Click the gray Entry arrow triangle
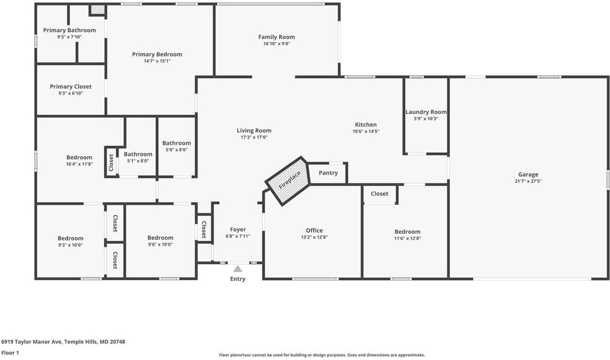[x=238, y=269]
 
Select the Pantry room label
[x=328, y=173]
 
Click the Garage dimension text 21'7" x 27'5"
[x=528, y=181]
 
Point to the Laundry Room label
[x=426, y=112]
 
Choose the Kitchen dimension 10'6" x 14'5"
[x=366, y=131]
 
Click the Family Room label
[x=276, y=37]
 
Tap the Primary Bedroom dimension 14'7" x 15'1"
[x=157, y=61]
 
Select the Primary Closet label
[x=71, y=87]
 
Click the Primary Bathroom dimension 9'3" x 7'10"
[x=70, y=37]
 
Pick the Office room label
[x=314, y=230]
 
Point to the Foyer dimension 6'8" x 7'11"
[x=238, y=236]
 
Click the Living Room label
[x=254, y=130]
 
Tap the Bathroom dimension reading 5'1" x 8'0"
[x=138, y=161]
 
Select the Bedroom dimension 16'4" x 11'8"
[x=79, y=164]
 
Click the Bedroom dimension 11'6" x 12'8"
[x=407, y=239]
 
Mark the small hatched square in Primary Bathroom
[x=98, y=10]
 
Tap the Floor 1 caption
[x=10, y=353]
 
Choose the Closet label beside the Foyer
[x=204, y=230]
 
